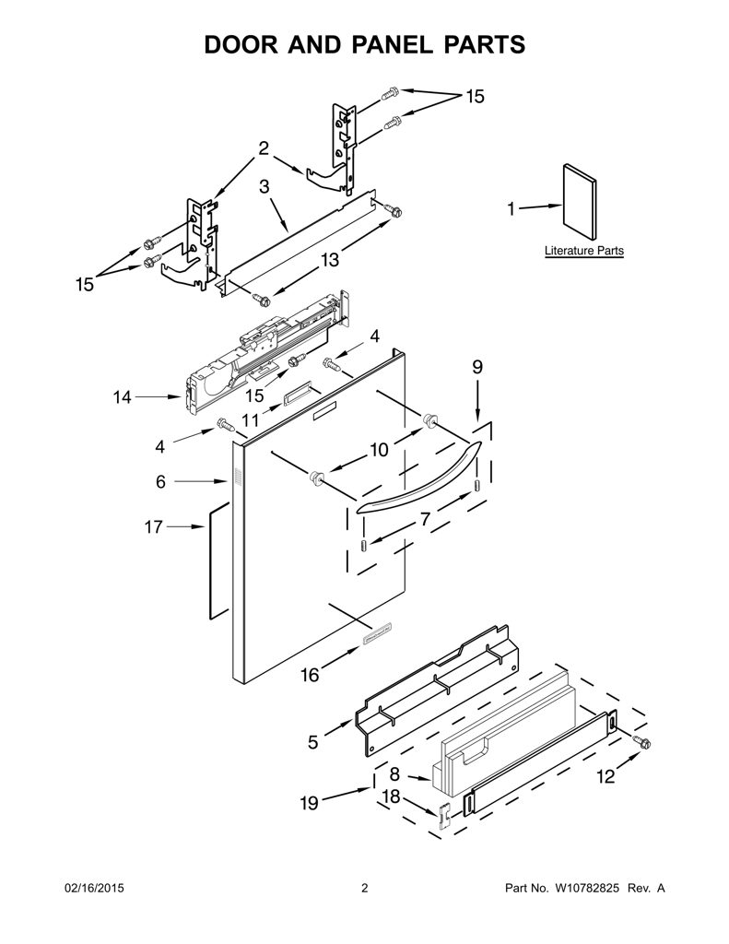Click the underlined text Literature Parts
click(584, 251)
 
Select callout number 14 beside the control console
click(123, 397)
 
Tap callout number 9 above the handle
click(477, 367)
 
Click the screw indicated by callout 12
click(642, 743)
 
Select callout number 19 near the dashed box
click(309, 803)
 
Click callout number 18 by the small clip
click(392, 796)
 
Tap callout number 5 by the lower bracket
click(312, 742)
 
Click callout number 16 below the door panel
click(310, 676)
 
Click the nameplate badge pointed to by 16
click(377, 634)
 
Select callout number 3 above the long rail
click(265, 186)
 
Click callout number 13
click(330, 259)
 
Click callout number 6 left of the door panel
click(160, 481)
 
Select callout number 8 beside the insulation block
click(394, 774)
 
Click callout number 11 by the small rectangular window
click(251, 419)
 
